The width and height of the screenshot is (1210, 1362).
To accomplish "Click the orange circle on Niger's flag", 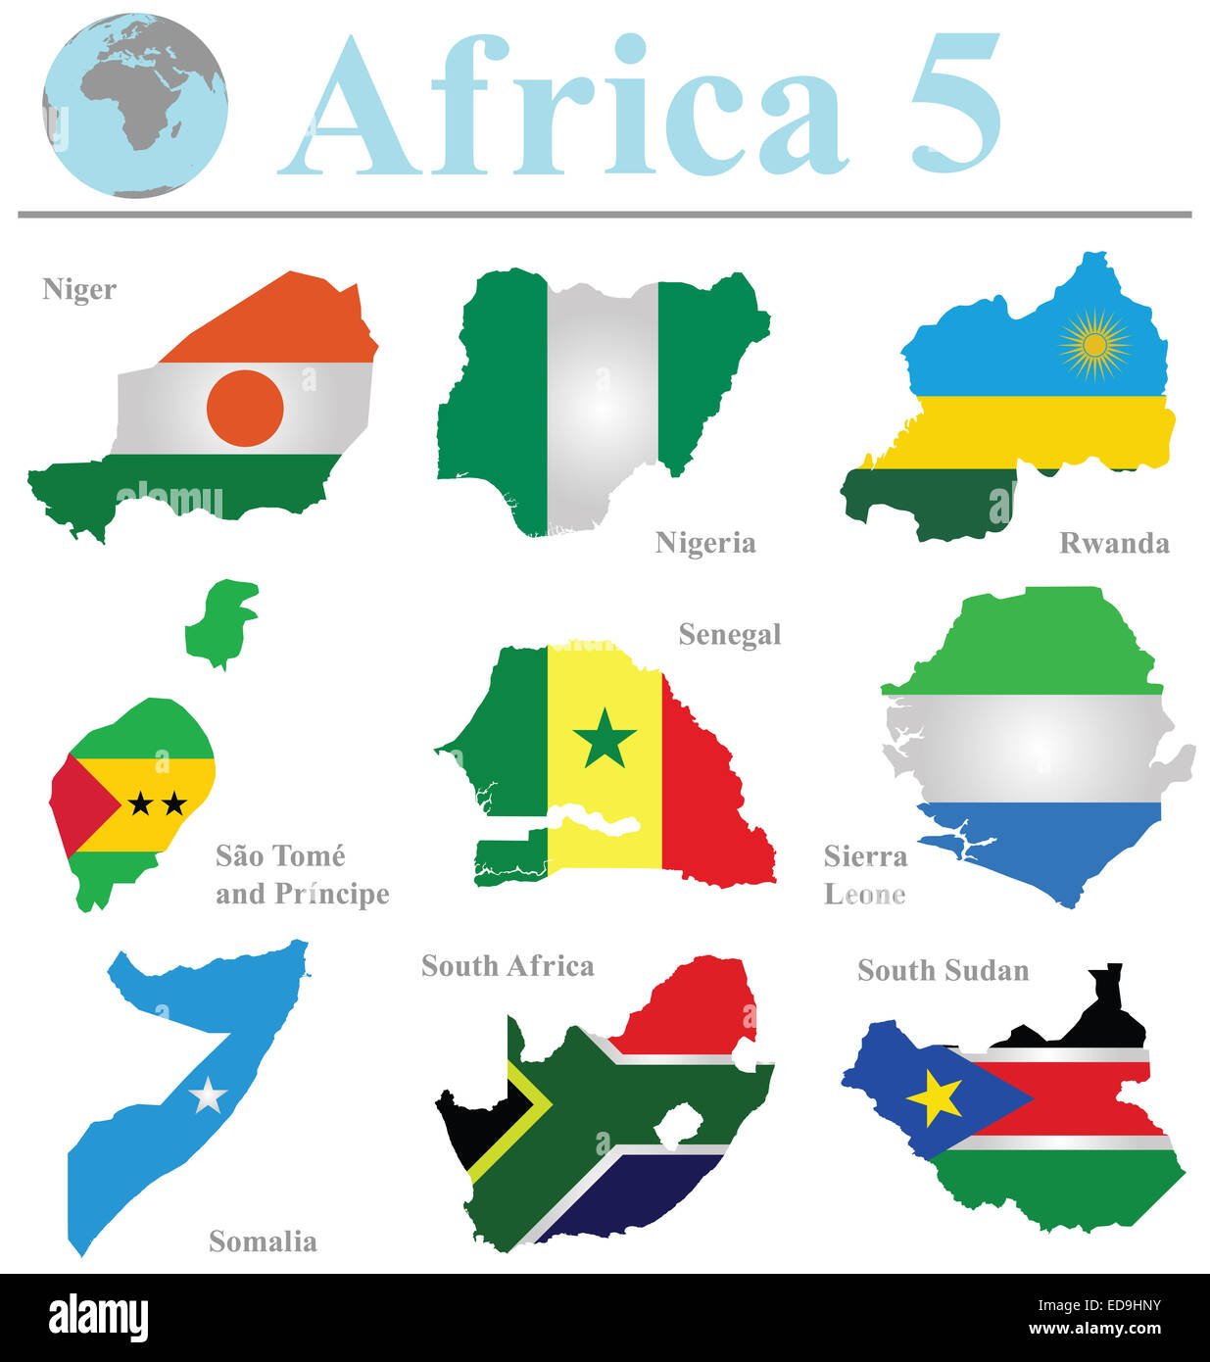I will pos(245,408).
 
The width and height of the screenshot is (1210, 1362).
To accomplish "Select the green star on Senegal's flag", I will pos(605,738).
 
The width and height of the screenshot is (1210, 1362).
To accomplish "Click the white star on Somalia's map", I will pos(208,1094).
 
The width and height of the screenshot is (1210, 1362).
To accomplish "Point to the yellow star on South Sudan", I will pos(935,1098).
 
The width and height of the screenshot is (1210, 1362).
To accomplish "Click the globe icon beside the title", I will pos(135,106).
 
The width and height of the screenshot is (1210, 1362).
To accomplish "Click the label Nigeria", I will pos(705,543).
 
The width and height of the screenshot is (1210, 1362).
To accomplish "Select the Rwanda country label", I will pos(1114,544).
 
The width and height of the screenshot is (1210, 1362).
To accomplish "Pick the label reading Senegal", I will pos(730,635).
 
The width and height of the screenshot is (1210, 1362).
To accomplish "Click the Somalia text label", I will pos(263,1241).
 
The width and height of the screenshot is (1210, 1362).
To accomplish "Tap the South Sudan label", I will pos(943,970).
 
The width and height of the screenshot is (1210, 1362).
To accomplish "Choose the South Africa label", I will pos(508,966).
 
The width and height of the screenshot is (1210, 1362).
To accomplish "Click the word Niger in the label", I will pos(79,290).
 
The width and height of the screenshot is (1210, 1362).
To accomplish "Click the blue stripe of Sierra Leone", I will pos(1048,843).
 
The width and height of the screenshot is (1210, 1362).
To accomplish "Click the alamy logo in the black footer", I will pos(98,1318).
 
